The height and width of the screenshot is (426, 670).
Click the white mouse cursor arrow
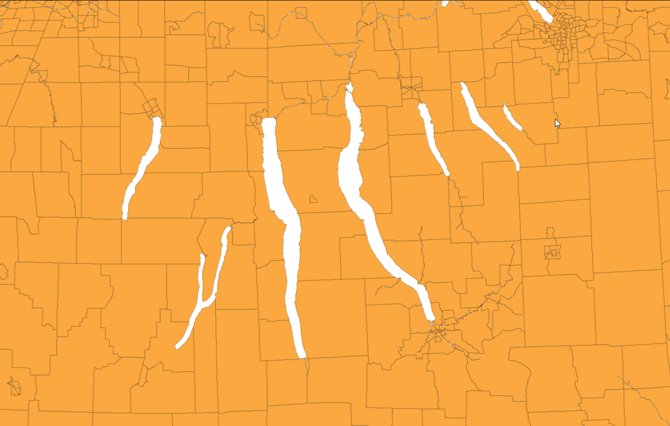click(x=557, y=123)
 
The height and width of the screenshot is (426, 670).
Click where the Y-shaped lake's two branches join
click(x=203, y=303)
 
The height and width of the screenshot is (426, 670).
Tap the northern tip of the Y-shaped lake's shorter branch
click(x=202, y=257)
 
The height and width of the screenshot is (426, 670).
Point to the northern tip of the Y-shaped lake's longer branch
click(x=229, y=229)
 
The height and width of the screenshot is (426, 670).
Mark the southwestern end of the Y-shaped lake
click(x=178, y=346)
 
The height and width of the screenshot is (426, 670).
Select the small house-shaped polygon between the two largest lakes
click(x=313, y=199)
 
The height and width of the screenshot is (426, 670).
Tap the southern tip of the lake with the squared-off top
click(x=302, y=356)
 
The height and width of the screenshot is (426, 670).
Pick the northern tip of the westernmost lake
click(x=157, y=119)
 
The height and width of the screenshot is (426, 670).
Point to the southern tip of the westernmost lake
click(x=125, y=218)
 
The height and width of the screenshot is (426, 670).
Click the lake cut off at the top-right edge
click(x=540, y=11)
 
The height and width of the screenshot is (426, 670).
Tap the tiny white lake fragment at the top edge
click(x=445, y=3)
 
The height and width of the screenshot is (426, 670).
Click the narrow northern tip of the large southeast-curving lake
click(x=349, y=87)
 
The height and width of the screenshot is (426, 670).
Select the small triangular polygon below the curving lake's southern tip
click(x=438, y=339)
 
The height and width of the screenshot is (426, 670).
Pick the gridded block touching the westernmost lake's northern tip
click(x=150, y=107)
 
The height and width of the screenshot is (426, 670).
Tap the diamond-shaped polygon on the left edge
click(x=3, y=272)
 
